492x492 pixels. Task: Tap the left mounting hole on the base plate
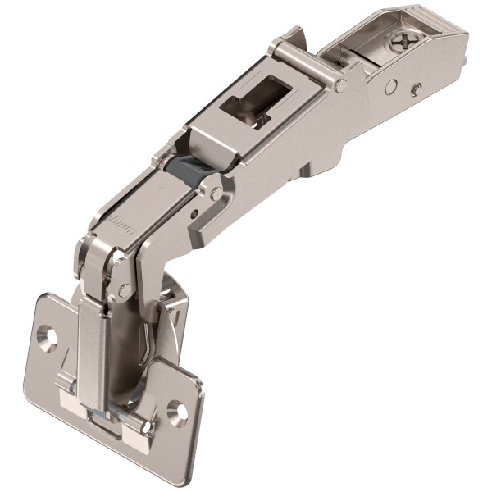tap(47, 335)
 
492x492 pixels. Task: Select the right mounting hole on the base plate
tap(175, 409)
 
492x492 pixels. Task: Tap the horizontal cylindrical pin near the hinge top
tap(305, 60)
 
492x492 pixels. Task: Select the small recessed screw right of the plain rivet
tap(417, 89)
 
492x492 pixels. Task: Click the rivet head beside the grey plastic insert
tap(216, 194)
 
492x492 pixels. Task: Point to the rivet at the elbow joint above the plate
tap(125, 289)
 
